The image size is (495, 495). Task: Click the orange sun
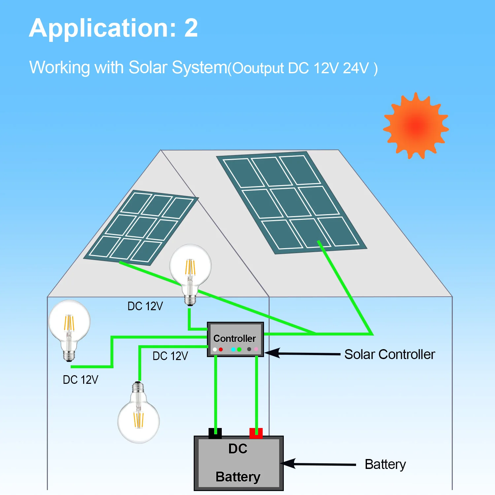pyautogui.click(x=416, y=126)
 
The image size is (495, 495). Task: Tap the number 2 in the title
pyautogui.click(x=191, y=28)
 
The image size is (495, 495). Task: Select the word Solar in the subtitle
pyautogui.click(x=148, y=67)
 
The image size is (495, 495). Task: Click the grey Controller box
pyautogui.click(x=235, y=339)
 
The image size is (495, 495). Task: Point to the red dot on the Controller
pyautogui.click(x=221, y=349)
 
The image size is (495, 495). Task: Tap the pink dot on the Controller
pyautogui.click(x=256, y=349)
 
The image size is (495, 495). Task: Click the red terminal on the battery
pyautogui.click(x=256, y=433)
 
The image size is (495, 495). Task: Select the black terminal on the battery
pyautogui.click(x=215, y=433)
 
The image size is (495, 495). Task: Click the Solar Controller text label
pyautogui.click(x=390, y=354)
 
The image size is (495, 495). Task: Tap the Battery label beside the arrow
pyautogui.click(x=385, y=465)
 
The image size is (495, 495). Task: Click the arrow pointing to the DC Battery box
pyautogui.click(x=318, y=464)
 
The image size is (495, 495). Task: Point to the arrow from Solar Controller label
pyautogui.click(x=303, y=353)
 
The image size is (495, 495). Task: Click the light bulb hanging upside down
pyautogui.click(x=139, y=412)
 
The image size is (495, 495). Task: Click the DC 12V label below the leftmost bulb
pyautogui.click(x=81, y=380)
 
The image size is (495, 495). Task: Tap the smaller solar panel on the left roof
pyautogui.click(x=141, y=228)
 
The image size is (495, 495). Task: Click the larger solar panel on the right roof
pyautogui.click(x=291, y=203)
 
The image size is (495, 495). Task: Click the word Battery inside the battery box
pyautogui.click(x=238, y=477)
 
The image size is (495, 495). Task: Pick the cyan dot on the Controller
pyautogui.click(x=233, y=349)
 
